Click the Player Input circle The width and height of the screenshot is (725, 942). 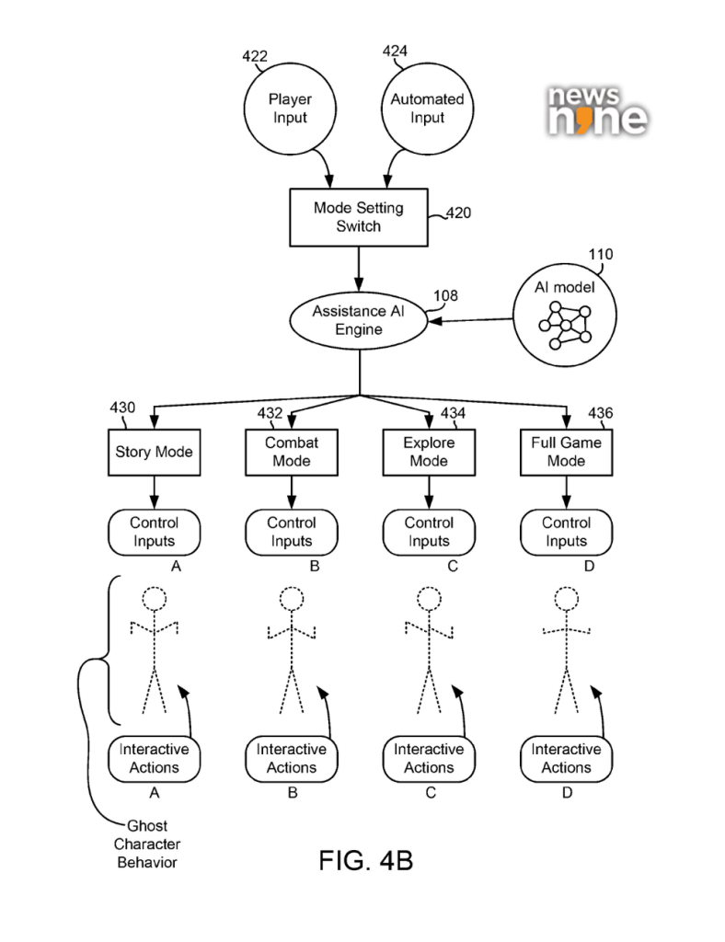[x=288, y=109]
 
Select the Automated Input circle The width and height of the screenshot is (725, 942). [x=428, y=109]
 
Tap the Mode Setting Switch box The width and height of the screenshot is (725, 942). [x=358, y=217]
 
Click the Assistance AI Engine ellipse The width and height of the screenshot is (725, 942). [x=359, y=321]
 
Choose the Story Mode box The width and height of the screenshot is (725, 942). [x=153, y=452]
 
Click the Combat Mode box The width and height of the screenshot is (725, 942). [x=291, y=452]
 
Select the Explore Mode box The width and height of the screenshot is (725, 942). [x=429, y=452]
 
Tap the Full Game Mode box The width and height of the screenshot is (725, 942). [x=566, y=452]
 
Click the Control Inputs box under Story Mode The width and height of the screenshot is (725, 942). [x=154, y=532]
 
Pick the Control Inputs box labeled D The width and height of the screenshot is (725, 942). [x=566, y=532]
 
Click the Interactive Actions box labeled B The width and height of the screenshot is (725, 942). [x=291, y=758]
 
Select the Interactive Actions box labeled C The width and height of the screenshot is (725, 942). [x=429, y=758]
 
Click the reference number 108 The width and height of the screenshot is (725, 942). [x=446, y=296]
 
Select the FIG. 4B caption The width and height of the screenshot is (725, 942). [x=365, y=861]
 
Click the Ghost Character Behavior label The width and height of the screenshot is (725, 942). [x=146, y=844]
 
